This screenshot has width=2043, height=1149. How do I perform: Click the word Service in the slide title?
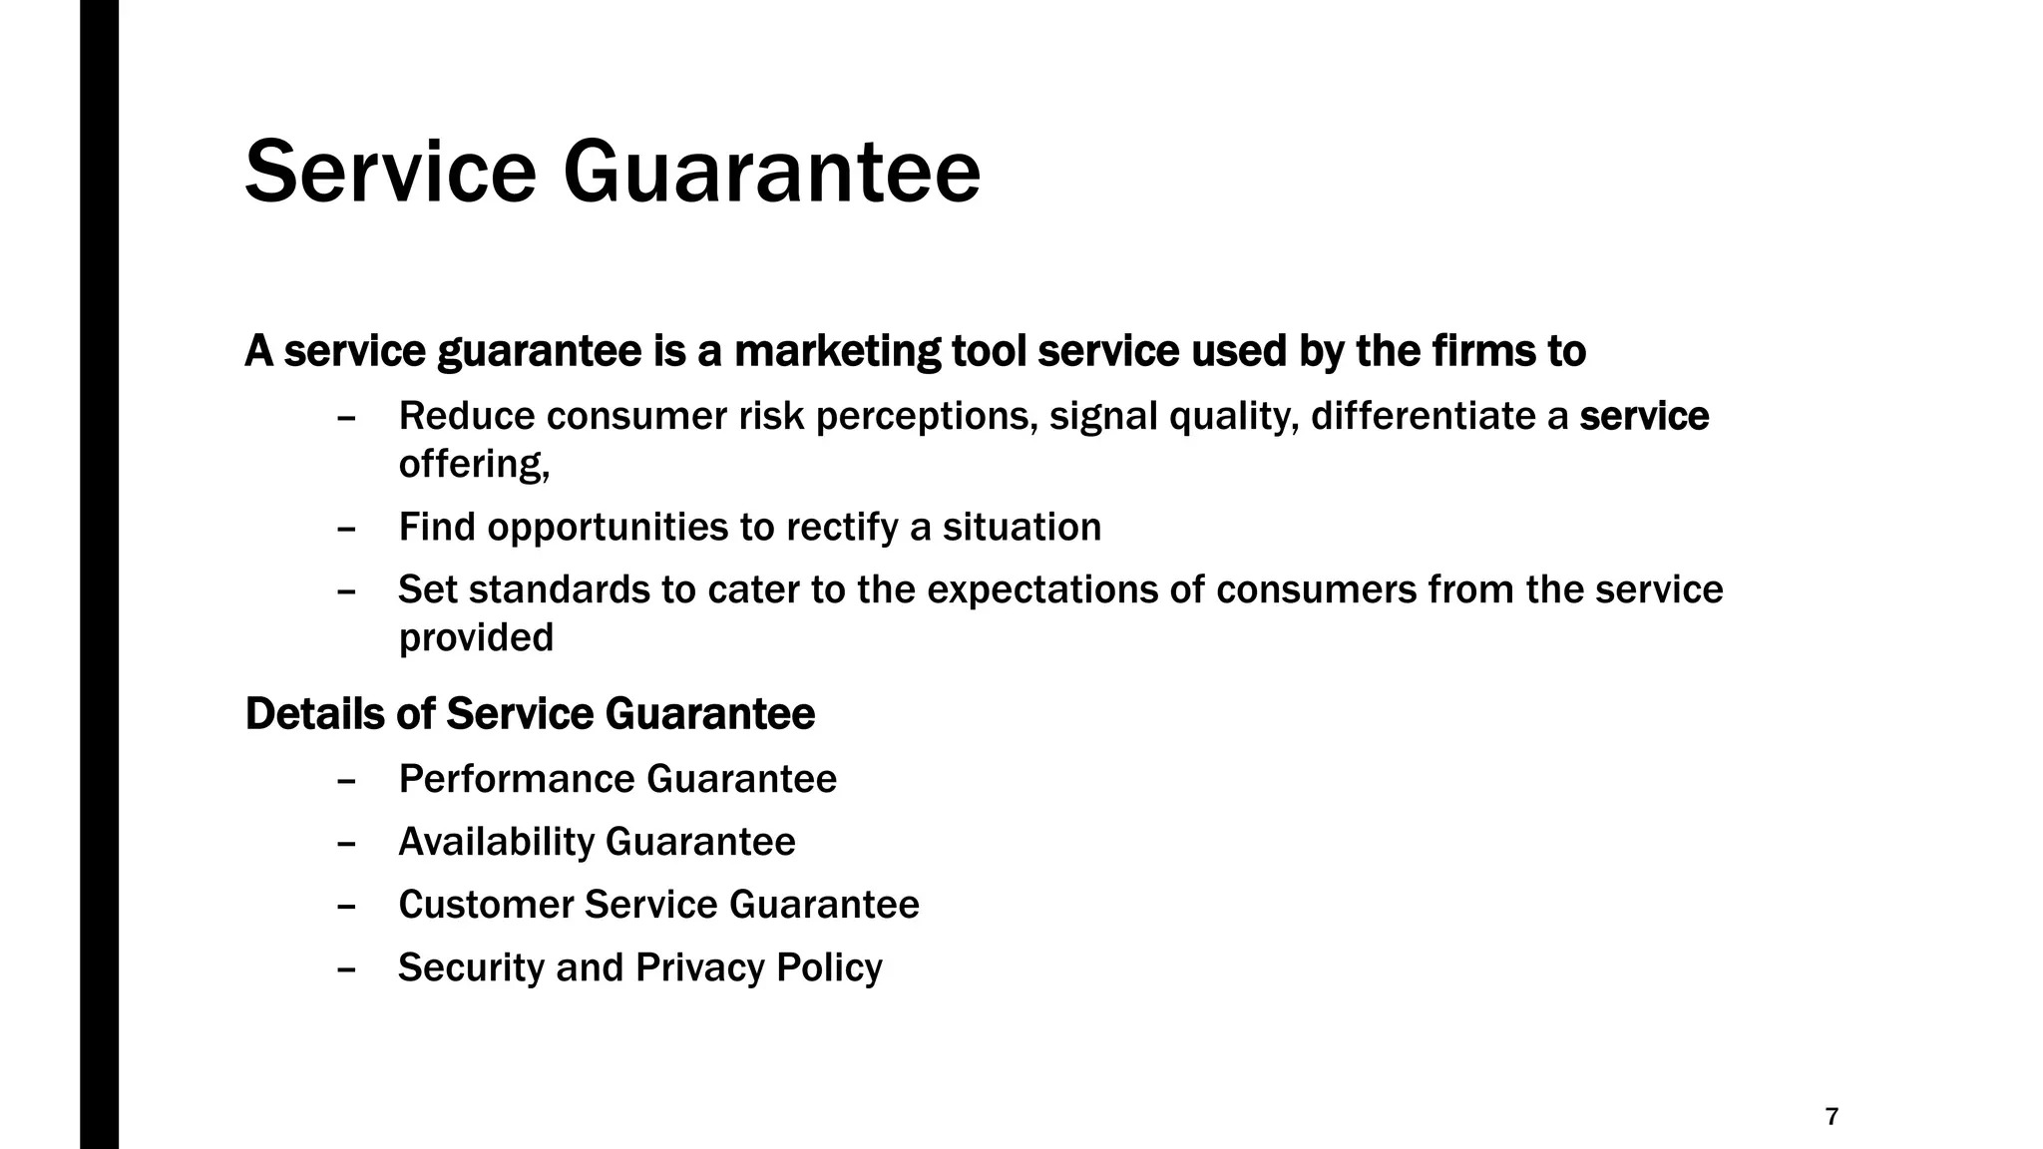pos(390,174)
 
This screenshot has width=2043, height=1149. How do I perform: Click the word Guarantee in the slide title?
pos(771,174)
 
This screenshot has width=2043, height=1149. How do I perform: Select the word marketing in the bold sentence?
pos(836,352)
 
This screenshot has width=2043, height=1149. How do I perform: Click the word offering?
pos(474,464)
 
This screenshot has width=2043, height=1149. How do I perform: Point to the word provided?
pos(476,638)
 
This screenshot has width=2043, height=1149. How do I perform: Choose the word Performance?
pos(517,779)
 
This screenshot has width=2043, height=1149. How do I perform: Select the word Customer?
pos(486,905)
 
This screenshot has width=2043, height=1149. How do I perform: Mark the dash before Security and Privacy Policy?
pos(347,967)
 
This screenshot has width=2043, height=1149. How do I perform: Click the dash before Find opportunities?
pos(347,528)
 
